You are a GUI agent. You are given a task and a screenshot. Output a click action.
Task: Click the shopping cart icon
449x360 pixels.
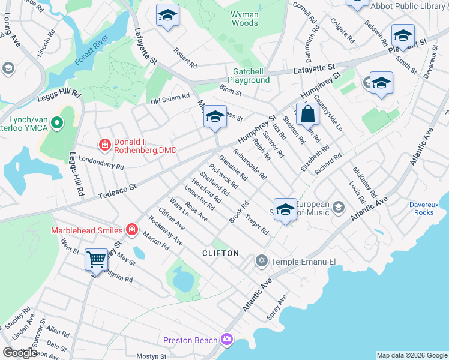point(96,260)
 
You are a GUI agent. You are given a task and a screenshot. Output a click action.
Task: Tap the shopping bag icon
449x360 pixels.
point(307,114)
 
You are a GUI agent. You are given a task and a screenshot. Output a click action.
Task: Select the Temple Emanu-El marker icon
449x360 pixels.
point(261,261)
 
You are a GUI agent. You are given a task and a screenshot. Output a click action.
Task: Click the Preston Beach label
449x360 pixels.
point(190,340)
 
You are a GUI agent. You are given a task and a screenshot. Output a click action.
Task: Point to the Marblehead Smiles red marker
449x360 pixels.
point(131,230)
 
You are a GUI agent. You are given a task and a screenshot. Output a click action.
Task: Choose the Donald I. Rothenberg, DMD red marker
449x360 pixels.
point(104,145)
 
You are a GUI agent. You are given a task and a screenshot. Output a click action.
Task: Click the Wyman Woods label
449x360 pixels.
point(244,19)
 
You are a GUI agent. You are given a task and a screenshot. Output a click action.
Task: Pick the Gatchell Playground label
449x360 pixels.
point(251,76)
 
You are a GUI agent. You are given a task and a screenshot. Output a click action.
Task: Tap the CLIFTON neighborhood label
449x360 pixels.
point(220,254)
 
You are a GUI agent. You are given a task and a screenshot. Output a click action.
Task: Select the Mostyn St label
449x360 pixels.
point(150,356)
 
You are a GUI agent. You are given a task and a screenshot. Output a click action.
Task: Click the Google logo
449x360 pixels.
point(20,353)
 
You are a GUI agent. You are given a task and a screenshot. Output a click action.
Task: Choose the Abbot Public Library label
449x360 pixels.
point(409,6)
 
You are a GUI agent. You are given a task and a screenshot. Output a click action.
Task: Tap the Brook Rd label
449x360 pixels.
point(238,213)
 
